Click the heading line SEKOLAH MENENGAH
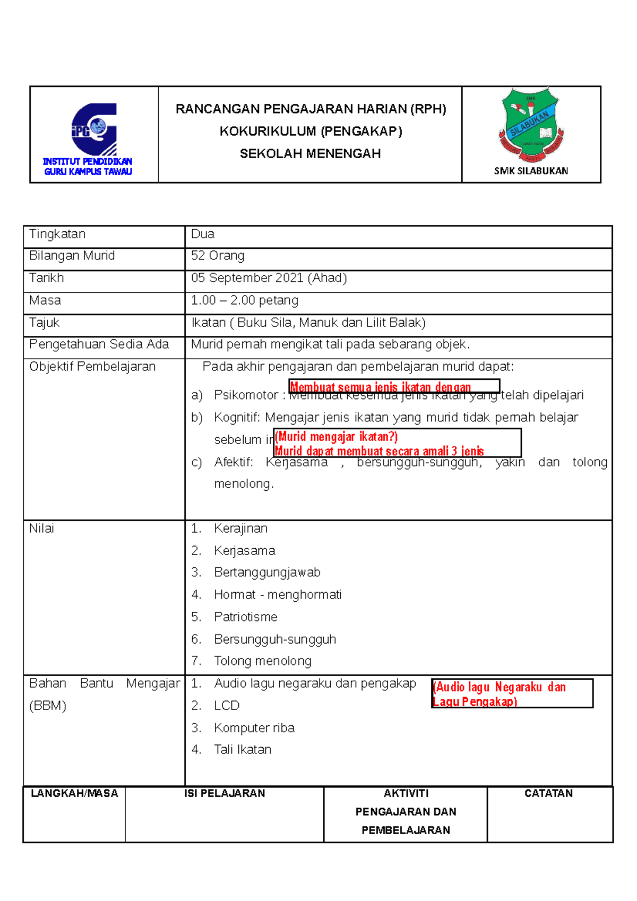click(310, 154)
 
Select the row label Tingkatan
click(57, 234)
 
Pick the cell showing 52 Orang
click(218, 256)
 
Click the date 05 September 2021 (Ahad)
click(269, 278)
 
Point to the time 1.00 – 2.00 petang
click(245, 300)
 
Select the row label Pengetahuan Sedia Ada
click(99, 344)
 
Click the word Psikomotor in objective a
click(246, 395)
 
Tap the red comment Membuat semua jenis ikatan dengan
click(380, 387)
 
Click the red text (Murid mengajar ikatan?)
click(336, 437)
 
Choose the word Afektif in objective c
click(233, 462)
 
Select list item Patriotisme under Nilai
click(245, 617)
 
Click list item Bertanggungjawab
click(267, 573)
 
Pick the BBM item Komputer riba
click(254, 728)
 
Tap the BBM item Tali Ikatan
click(242, 750)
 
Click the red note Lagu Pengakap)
click(475, 701)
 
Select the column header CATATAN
click(548, 793)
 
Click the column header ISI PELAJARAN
click(225, 793)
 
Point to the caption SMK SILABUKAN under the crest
click(531, 171)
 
